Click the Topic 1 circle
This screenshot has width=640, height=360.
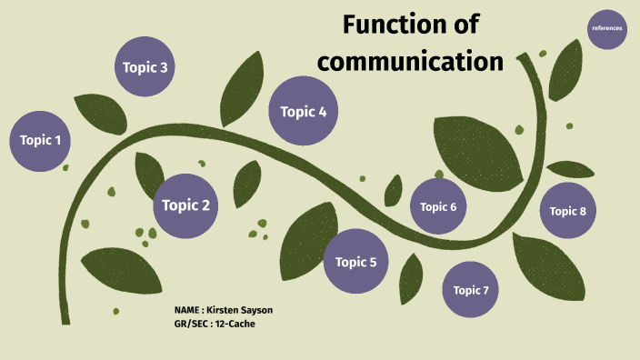coord(41,140)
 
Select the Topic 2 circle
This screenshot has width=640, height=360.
coord(186,205)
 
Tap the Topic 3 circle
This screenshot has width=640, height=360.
coord(145,67)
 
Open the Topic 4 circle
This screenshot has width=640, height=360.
coord(304,112)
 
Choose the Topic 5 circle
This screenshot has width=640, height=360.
coord(356,262)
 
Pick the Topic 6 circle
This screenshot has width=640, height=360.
coord(438,206)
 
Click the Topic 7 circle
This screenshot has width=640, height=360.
coord(471,290)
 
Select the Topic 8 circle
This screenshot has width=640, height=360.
coord(568,211)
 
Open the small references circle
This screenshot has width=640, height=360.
coord(607,28)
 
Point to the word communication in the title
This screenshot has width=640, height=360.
coord(410,62)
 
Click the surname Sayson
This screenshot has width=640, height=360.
coord(256,310)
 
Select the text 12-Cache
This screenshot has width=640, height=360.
coord(235,324)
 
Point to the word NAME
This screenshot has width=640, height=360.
coord(187,310)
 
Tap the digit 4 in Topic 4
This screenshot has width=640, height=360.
coord(322,112)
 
